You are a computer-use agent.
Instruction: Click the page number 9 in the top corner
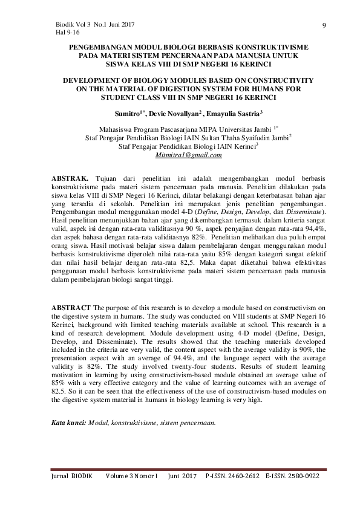[325, 25]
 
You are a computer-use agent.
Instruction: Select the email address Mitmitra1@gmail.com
[189, 155]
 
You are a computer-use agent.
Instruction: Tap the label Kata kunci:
[68, 424]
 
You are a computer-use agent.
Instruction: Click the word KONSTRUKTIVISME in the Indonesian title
[270, 47]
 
